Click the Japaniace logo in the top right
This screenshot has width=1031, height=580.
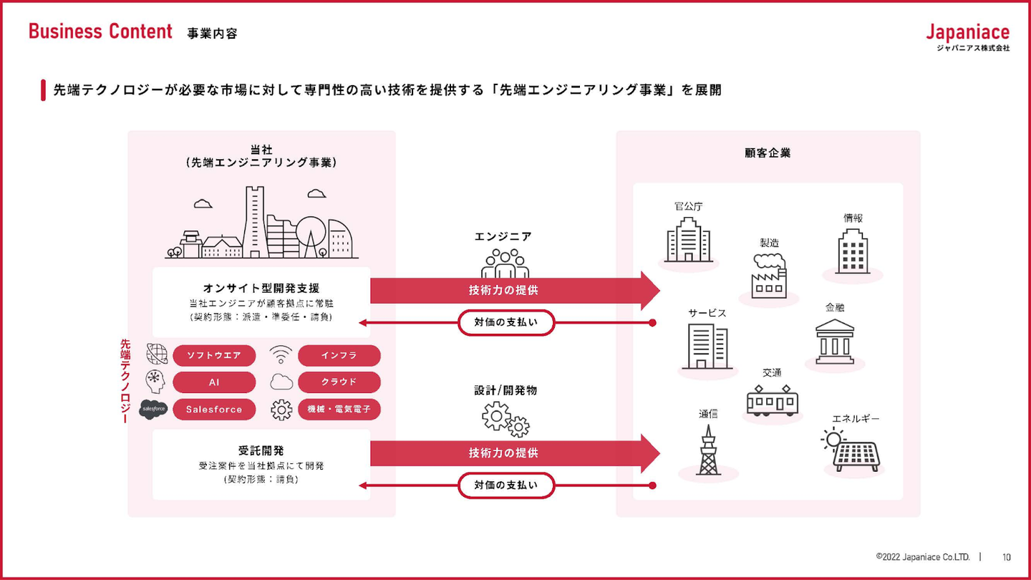click(x=967, y=37)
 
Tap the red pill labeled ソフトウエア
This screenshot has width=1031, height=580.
click(x=214, y=355)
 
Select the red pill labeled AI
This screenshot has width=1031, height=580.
click(x=214, y=382)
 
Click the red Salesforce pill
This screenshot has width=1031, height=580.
click(x=214, y=410)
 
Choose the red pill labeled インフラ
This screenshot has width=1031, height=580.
click(x=339, y=355)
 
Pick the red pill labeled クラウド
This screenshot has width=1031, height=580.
click(x=339, y=382)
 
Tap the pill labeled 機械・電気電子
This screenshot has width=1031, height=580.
click(x=339, y=410)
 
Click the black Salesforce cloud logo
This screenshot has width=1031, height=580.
click(x=153, y=410)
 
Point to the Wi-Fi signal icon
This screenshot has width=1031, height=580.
click(x=281, y=354)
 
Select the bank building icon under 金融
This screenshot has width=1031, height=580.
click(x=835, y=342)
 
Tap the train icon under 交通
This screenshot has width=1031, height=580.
click(x=773, y=400)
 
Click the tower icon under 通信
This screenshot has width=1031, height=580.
click(x=708, y=450)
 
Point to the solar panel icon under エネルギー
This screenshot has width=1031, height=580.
click(x=851, y=450)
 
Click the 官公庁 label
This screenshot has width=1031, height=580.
click(x=689, y=206)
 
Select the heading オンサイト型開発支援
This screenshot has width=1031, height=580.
click(x=261, y=288)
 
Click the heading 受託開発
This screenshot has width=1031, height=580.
click(x=261, y=450)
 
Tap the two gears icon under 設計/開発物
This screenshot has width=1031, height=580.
click(x=505, y=420)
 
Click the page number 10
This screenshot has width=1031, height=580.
click(x=1007, y=557)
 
